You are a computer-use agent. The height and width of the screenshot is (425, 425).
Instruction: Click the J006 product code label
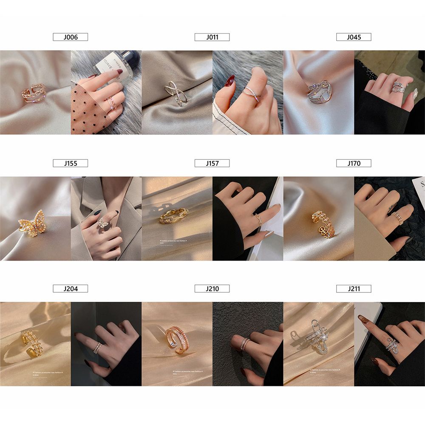pyautogui.click(x=70, y=37)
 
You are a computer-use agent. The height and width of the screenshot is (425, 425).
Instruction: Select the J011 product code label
pyautogui.click(x=212, y=37)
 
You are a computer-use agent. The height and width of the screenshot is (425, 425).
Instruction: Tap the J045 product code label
pyautogui.click(x=354, y=37)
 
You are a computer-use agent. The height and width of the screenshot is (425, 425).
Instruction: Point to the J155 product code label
pyautogui.click(x=70, y=163)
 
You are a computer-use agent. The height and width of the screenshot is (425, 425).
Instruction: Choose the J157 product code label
pyautogui.click(x=212, y=163)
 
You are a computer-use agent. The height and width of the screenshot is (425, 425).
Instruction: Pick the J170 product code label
pyautogui.click(x=354, y=163)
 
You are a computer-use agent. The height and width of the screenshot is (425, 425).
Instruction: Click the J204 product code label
pyautogui.click(x=70, y=289)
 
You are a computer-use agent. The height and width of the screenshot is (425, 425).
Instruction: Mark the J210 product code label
pyautogui.click(x=212, y=289)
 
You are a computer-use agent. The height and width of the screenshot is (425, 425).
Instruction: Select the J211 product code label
pyautogui.click(x=354, y=289)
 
